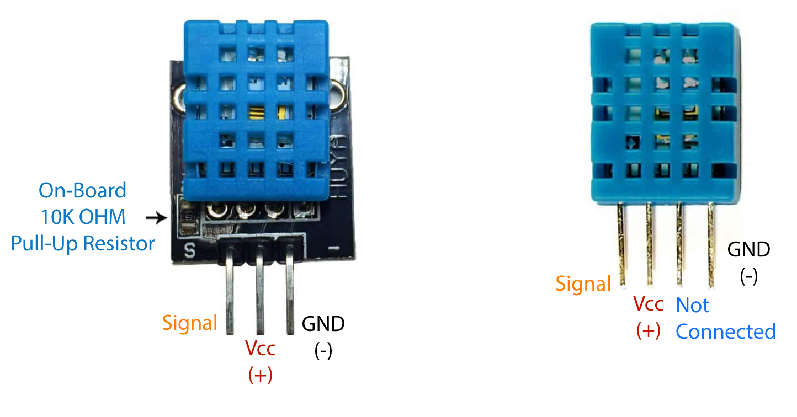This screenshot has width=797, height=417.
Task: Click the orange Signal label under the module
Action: pos(189,323)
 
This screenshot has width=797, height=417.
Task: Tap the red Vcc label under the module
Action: pos(260,349)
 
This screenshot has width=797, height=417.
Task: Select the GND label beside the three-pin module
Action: pos(323,324)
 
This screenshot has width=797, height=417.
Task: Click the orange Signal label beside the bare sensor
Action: pos(583,284)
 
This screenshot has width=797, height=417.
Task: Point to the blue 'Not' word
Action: pos(693,305)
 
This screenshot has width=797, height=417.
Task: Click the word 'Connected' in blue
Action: pos(725,332)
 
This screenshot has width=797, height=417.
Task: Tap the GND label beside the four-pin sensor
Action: pos(748,250)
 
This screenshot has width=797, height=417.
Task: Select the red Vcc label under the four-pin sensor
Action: pos(648,304)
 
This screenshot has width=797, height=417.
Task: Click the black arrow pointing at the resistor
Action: pos(156,218)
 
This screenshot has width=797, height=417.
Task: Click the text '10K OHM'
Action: pos(82,217)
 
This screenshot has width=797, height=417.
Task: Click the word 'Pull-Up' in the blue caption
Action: pos(46,243)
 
